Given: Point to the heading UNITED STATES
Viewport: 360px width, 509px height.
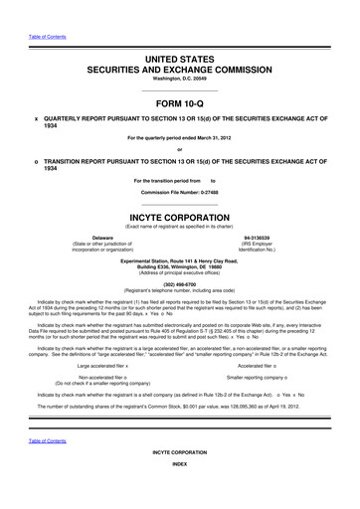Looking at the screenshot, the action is [x=180, y=61].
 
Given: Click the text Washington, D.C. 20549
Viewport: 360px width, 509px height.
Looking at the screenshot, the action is [x=180, y=82].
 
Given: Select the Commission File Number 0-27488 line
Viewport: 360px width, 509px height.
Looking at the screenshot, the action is [x=180, y=190].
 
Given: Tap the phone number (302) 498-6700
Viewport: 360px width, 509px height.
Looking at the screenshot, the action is [x=180, y=279].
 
